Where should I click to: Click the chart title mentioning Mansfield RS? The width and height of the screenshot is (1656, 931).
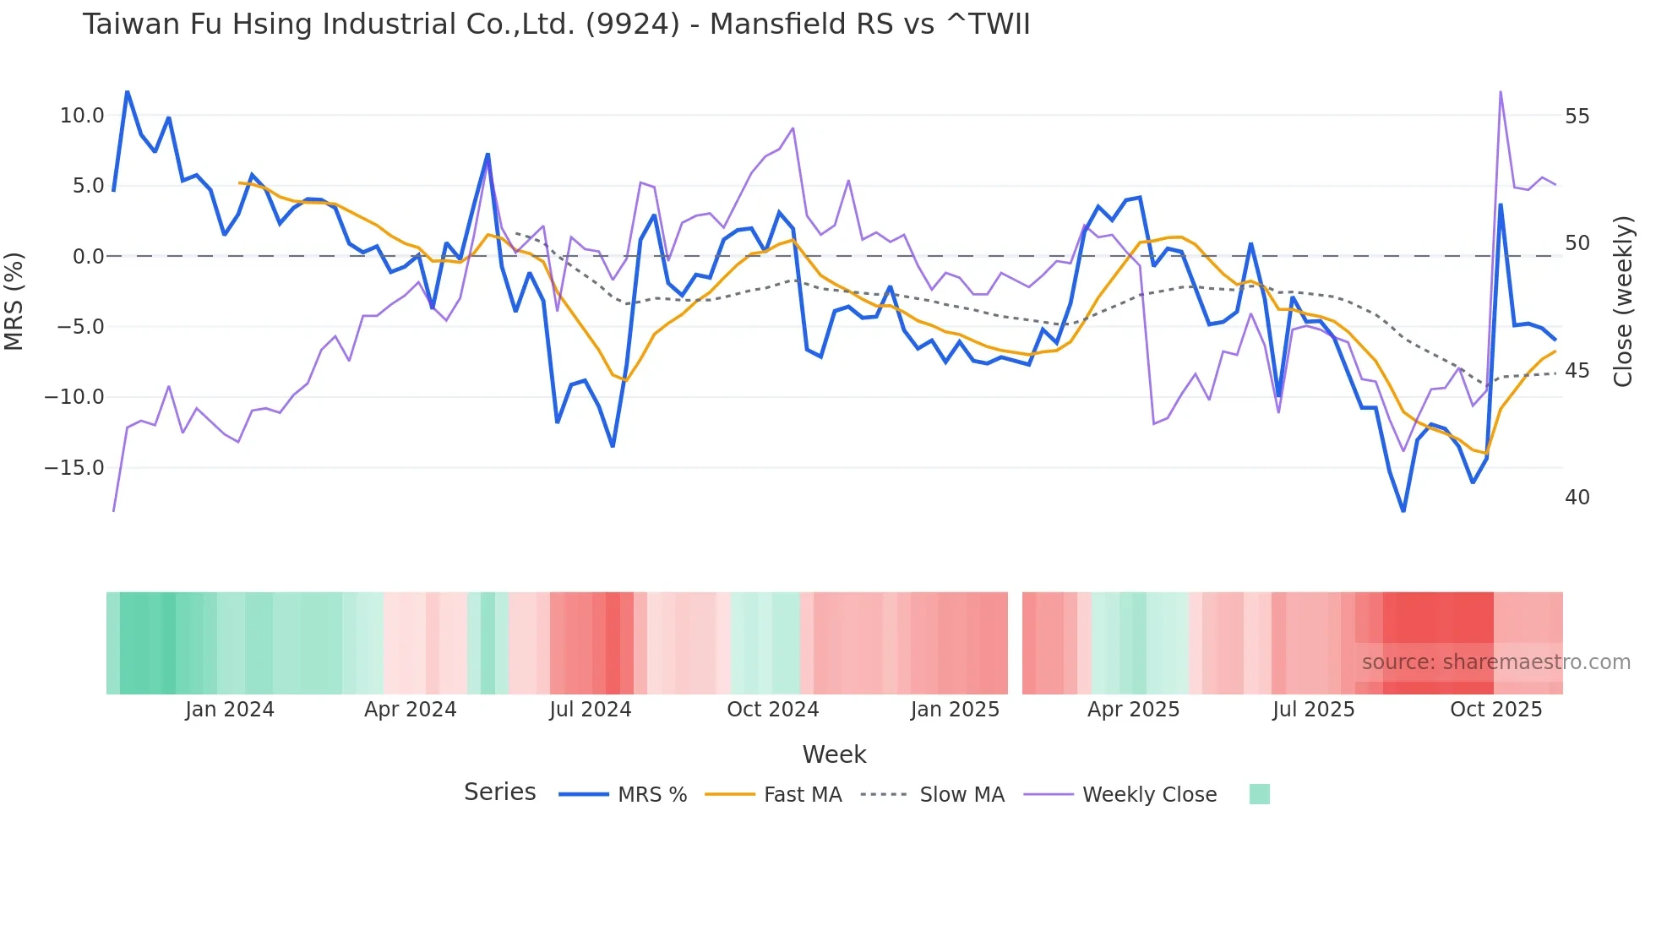tap(556, 24)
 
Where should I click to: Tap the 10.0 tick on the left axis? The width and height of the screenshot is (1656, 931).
tap(82, 116)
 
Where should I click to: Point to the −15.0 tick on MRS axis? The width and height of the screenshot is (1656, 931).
tap(74, 467)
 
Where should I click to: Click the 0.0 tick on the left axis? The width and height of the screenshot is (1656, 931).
tap(89, 256)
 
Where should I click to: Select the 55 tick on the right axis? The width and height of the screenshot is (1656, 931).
tap(1577, 117)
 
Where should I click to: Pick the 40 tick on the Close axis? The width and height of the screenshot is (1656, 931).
tap(1577, 498)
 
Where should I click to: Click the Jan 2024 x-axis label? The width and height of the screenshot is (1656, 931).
tap(230, 710)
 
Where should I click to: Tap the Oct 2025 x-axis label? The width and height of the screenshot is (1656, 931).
tap(1495, 710)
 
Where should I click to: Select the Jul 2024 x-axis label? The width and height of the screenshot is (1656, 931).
tap(590, 710)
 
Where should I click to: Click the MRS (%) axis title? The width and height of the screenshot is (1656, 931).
tap(14, 301)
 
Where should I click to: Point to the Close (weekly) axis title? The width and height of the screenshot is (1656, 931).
tap(1622, 302)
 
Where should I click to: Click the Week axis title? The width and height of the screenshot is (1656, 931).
tap(834, 754)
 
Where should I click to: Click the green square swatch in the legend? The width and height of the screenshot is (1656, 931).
tap(1259, 794)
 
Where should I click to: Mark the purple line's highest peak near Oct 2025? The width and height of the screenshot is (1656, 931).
tap(1501, 91)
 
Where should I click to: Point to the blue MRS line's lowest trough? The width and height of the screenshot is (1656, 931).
tap(1403, 510)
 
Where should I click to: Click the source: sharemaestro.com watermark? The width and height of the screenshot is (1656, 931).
tap(1495, 662)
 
